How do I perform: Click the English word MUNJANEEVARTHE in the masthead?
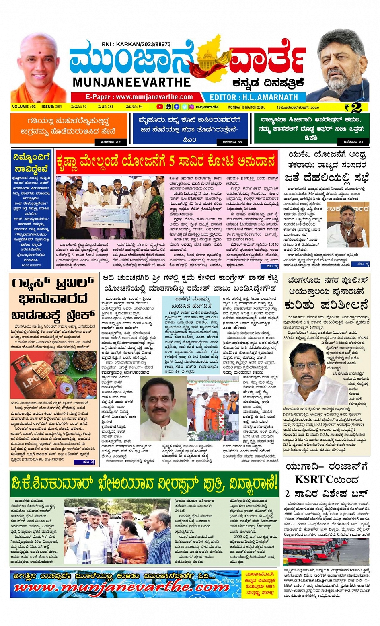[x=131, y=82]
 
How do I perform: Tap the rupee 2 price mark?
[x=353, y=107]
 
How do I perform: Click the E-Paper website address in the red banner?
[x=139, y=97]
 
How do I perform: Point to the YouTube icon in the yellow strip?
[x=160, y=107]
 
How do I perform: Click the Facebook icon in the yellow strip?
[x=177, y=107]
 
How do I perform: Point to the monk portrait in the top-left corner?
[x=39, y=68]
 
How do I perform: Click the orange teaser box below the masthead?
[x=68, y=128]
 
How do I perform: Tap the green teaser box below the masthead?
[x=311, y=128]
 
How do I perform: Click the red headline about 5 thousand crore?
[x=166, y=162]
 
